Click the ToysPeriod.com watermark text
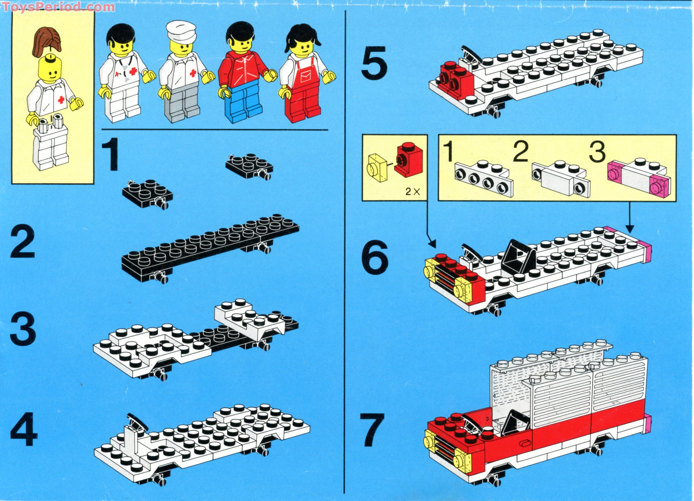[58, 7]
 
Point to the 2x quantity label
[412, 192]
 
